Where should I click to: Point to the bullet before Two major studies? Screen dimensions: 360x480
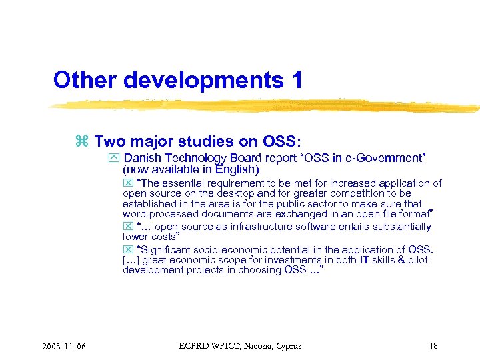click(x=82, y=142)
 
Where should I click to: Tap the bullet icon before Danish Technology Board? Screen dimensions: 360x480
click(x=113, y=159)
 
